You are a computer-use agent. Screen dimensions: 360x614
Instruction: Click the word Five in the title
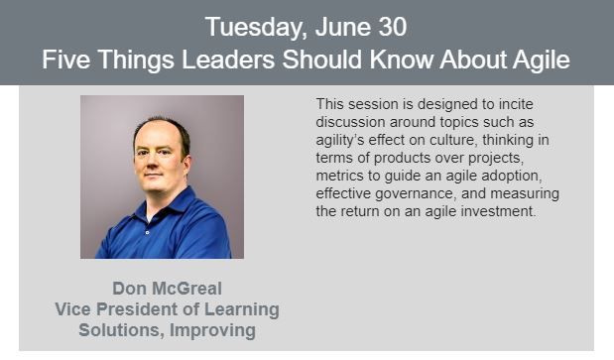pyautogui.click(x=66, y=60)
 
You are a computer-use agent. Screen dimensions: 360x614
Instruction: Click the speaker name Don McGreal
pyautogui.click(x=167, y=289)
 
